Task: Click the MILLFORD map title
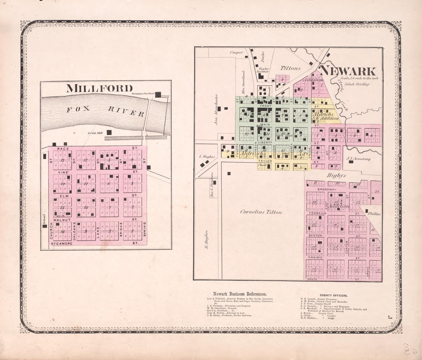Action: (99, 88)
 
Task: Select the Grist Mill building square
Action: (109, 132)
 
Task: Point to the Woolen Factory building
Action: (158, 94)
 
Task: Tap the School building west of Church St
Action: (45, 226)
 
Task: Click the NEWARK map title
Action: (348, 71)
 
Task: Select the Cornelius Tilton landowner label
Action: (261, 212)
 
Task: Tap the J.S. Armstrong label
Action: (358, 158)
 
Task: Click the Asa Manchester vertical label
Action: (216, 109)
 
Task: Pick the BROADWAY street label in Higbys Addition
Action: (316, 190)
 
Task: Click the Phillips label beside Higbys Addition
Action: (375, 214)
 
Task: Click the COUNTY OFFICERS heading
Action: (333, 296)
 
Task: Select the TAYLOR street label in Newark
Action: (265, 161)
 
